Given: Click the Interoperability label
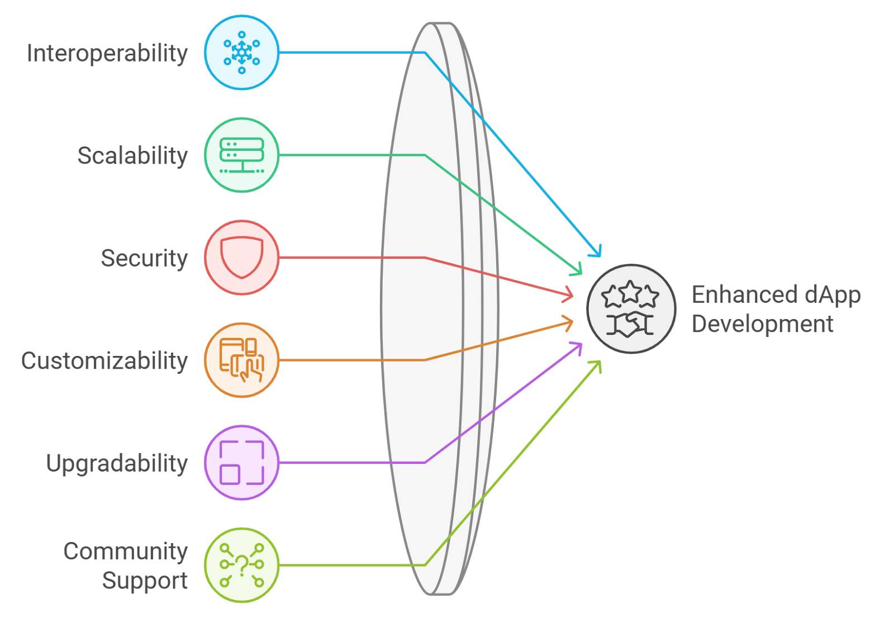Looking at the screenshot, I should tap(107, 54).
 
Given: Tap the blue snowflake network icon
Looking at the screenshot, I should tap(241, 53).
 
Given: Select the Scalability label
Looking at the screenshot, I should tap(132, 156).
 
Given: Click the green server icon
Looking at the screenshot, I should tap(241, 155).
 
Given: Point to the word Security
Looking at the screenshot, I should tap(144, 258).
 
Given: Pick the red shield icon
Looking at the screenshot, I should tap(241, 257).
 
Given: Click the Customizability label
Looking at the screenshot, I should tap(104, 361).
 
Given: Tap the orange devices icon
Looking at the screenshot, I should tap(241, 360).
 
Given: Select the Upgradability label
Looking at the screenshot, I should tap(117, 464).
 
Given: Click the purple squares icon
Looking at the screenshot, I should tap(241, 463).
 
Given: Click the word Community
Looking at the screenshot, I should tap(125, 552).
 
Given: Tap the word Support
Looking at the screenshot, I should tap(145, 581).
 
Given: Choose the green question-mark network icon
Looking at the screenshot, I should tap(241, 565).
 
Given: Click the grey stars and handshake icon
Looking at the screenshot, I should tap(631, 308).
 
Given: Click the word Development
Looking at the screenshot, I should tap(763, 324).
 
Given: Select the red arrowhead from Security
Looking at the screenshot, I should tap(569, 294).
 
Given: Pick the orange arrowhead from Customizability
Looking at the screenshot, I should tap(569, 322).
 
